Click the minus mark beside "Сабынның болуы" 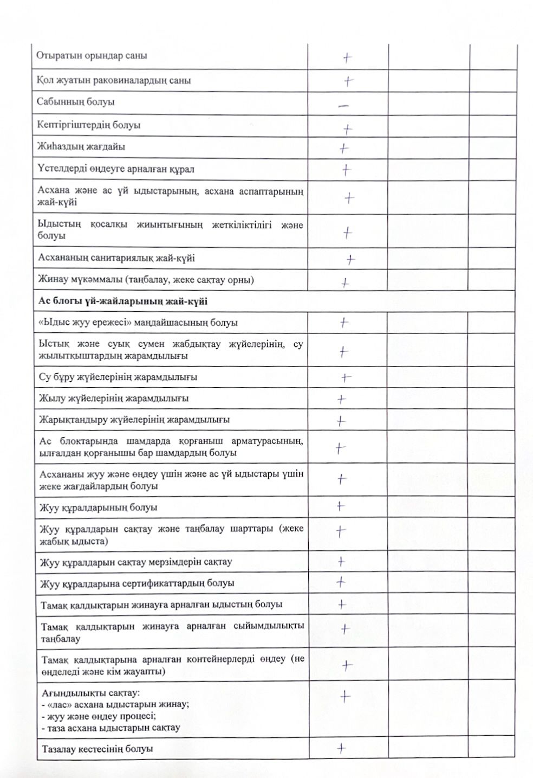point(343,106)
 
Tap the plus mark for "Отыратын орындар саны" point(348,57)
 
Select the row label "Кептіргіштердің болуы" point(89,125)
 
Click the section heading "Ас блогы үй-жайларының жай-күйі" point(123,301)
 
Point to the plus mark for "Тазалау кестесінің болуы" point(341,748)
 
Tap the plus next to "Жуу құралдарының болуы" point(340,506)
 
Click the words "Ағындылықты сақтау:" point(90,693)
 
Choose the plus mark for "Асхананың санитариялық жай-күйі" point(351,260)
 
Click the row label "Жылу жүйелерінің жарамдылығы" point(114,398)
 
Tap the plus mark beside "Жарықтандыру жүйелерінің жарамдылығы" point(340,421)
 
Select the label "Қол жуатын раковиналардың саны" point(114,81)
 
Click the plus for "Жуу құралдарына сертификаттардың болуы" point(341,582)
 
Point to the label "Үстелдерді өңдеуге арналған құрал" point(116,169)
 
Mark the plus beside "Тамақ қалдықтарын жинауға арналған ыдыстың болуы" point(342,604)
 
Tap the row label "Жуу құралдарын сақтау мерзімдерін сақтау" point(136,562)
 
